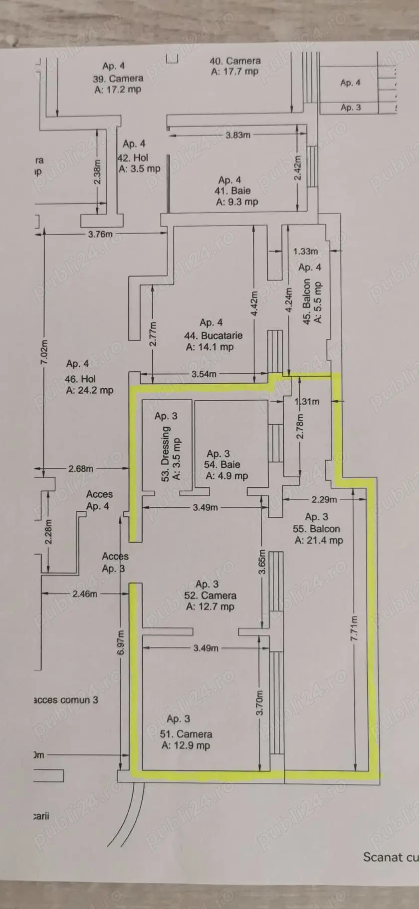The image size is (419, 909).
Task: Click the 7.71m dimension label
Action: (x=354, y=628)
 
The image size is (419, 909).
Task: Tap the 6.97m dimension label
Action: (x=121, y=643)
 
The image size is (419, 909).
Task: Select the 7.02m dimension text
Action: (x=44, y=352)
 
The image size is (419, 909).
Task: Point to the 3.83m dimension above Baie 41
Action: (x=238, y=135)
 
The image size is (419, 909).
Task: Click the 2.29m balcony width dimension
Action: (x=324, y=499)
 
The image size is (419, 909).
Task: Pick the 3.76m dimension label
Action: (x=100, y=234)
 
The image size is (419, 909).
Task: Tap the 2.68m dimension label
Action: (x=81, y=468)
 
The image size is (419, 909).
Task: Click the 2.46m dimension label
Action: (x=85, y=594)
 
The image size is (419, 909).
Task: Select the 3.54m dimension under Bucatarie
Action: (x=204, y=374)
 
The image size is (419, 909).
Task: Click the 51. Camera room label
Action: (x=186, y=734)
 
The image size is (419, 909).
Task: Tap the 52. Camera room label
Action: (x=210, y=595)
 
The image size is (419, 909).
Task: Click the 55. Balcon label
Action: (x=316, y=529)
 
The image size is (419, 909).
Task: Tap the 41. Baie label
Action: (x=232, y=190)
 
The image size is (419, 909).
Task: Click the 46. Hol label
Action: (x=80, y=379)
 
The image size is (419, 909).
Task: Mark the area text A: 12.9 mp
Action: (x=186, y=746)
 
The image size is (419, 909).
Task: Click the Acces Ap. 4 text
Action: (x=99, y=500)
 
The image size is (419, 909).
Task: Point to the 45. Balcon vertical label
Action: (x=307, y=301)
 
